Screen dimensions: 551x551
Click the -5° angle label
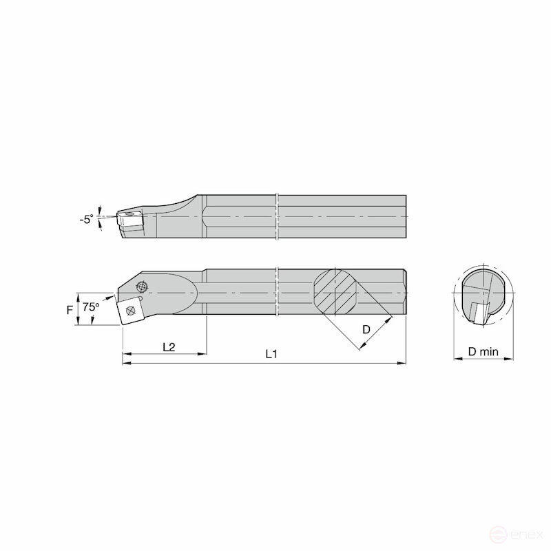coord(85,220)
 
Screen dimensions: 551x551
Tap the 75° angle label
coord(91,306)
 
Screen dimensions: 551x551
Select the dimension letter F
coord(70,310)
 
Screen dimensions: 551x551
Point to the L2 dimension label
coord(168,347)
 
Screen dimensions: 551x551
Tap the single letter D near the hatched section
coord(366,330)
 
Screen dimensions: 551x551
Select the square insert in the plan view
coord(130,310)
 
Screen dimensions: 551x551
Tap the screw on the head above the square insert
coord(143,287)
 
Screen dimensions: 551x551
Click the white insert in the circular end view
coord(477,311)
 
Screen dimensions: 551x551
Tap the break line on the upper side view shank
coord(276,216)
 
